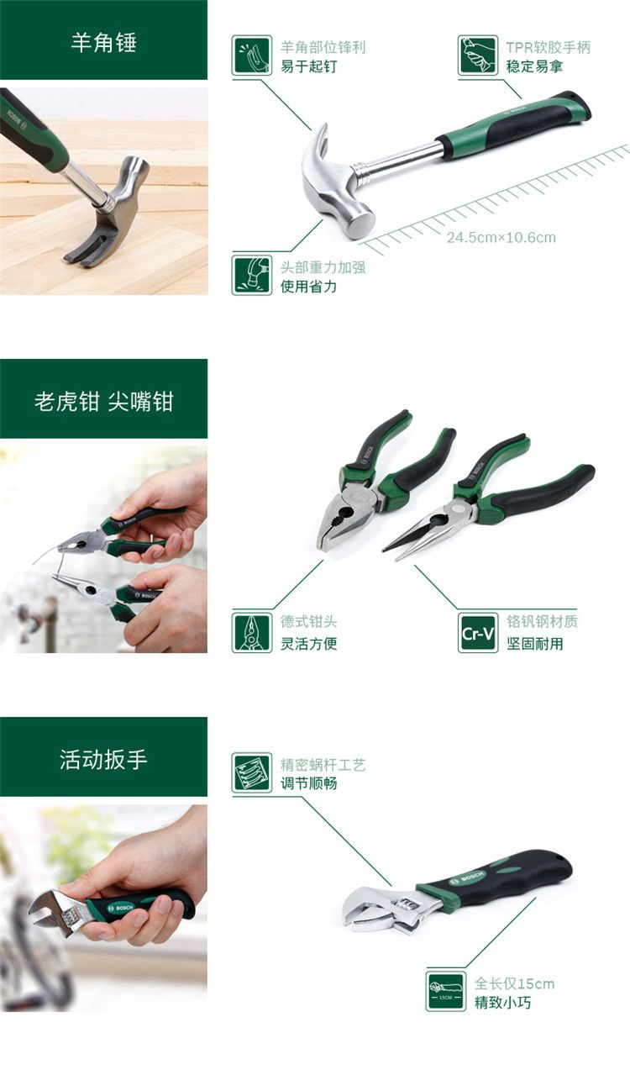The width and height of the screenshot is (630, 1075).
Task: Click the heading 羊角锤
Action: tap(103, 42)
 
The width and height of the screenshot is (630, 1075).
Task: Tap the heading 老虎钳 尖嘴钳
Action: tap(103, 401)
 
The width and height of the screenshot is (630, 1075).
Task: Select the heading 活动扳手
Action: tap(103, 760)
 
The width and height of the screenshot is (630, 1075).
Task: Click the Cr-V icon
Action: tap(477, 633)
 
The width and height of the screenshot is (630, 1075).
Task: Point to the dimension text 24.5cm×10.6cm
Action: tap(501, 237)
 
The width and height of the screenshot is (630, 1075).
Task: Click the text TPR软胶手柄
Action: tap(548, 47)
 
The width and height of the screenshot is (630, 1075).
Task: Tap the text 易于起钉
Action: tap(309, 66)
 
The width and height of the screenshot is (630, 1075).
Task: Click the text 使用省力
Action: tap(309, 287)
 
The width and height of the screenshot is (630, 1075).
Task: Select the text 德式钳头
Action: tap(309, 621)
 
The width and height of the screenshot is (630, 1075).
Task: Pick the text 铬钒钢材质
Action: tap(543, 621)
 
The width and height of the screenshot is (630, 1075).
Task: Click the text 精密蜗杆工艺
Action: tap(323, 765)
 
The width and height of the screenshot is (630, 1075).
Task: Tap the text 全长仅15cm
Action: tap(514, 984)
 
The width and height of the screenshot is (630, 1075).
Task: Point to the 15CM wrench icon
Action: tap(445, 992)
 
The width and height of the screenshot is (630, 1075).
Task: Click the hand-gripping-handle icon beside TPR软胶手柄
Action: tap(477, 55)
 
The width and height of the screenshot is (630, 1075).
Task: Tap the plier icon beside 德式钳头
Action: tap(252, 633)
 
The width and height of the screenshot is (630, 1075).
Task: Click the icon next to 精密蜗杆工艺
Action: tap(252, 772)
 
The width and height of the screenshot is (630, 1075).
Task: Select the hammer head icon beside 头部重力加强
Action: tap(252, 275)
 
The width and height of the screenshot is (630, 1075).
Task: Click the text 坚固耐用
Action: tap(535, 644)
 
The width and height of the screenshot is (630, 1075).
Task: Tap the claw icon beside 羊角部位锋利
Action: tap(252, 55)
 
